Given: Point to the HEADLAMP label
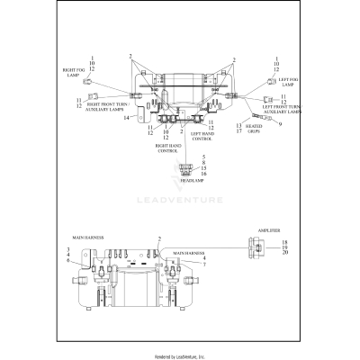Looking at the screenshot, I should pyautogui.click(x=192, y=181).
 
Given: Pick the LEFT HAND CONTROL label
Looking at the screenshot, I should pyautogui.click(x=202, y=138).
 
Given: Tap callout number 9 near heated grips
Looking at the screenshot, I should pyautogui.click(x=280, y=123).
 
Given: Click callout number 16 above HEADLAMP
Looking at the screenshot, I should pyautogui.click(x=203, y=174).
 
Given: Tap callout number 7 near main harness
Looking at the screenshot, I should pyautogui.click(x=203, y=265).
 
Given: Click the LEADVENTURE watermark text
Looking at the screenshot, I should pyautogui.click(x=180, y=212).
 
